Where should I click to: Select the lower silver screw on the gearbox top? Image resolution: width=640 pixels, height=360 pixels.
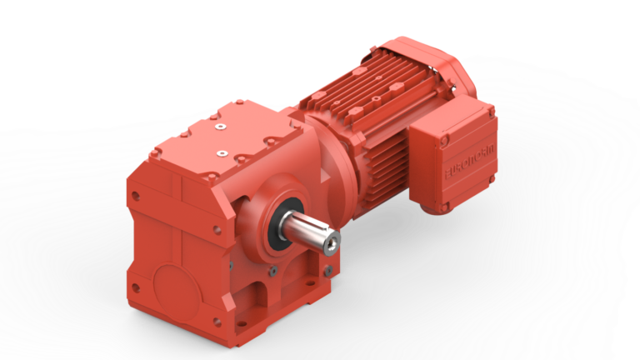(222, 152)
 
